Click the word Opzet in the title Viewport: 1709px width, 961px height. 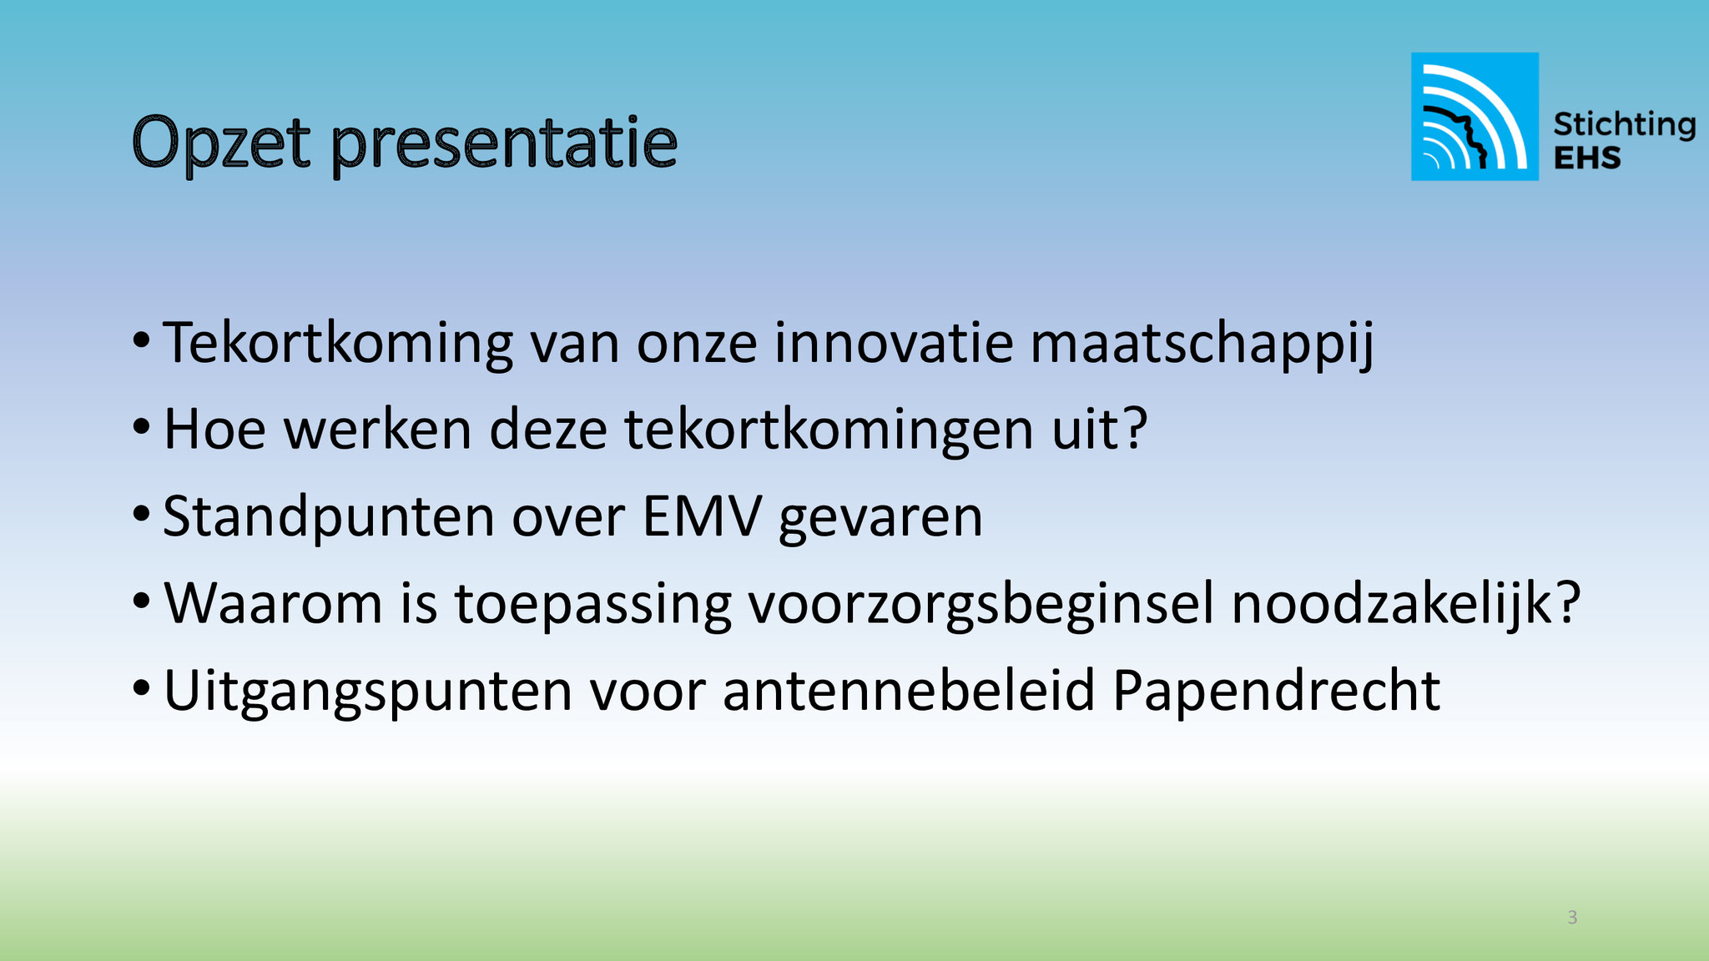pos(221,144)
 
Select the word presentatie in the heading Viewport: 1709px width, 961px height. pos(504,144)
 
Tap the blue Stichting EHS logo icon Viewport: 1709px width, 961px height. pos(1475,116)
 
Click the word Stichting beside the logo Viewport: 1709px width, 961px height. pos(1624,125)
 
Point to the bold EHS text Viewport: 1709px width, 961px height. pos(1587,158)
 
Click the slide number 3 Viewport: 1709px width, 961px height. pos(1572,918)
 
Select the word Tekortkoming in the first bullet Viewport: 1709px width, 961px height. pos(338,343)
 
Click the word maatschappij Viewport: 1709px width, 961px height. pos(1202,343)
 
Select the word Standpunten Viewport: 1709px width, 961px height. pos(329,518)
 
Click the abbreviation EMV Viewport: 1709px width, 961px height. pos(702,516)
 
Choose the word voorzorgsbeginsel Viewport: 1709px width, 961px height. pos(981,604)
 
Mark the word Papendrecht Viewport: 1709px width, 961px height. pos(1277,691)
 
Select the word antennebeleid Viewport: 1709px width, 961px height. pos(909,691)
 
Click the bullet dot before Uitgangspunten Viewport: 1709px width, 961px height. pos(142,689)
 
